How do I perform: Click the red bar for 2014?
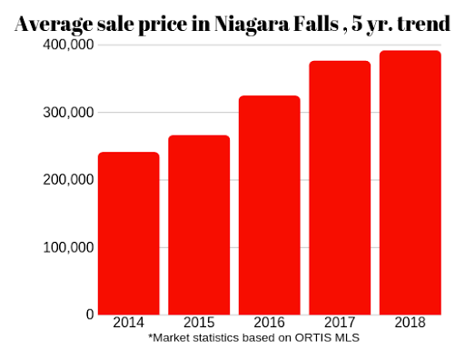click(129, 234)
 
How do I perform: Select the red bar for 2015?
click(199, 225)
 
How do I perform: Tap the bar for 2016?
click(270, 205)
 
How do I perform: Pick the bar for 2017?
click(340, 188)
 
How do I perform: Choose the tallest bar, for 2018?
click(411, 183)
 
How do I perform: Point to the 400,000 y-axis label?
click(68, 45)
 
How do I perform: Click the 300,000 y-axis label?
click(68, 113)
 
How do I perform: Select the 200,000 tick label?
click(68, 180)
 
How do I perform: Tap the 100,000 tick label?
click(68, 247)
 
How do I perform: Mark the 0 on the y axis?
click(90, 315)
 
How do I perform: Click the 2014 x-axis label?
click(129, 323)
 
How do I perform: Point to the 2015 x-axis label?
click(199, 323)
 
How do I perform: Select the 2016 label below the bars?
click(270, 323)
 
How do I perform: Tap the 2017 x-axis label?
click(340, 323)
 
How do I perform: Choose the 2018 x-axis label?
click(411, 323)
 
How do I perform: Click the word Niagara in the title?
click(252, 25)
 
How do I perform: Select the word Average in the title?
click(54, 25)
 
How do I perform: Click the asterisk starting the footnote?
click(150, 335)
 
